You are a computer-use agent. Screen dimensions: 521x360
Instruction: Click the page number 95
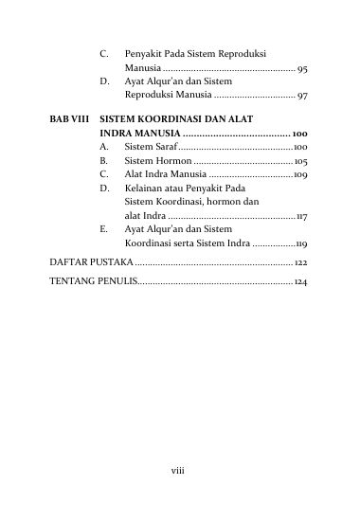tap(300, 69)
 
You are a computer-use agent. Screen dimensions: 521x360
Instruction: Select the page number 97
tap(300, 96)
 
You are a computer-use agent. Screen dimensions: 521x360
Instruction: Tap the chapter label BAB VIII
tap(70, 121)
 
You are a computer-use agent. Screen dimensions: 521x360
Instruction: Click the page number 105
tap(298, 162)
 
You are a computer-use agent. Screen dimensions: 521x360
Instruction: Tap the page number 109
tap(298, 175)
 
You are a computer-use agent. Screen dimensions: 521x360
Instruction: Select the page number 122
tap(299, 261)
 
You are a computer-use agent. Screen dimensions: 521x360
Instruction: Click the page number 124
tap(299, 282)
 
